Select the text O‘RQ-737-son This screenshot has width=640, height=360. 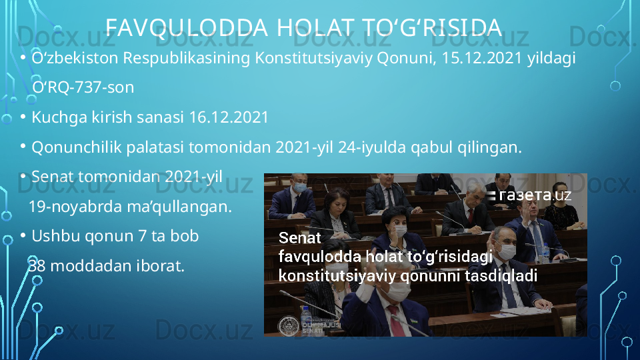pyautogui.click(x=83, y=87)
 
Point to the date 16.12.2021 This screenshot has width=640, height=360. pyautogui.click(x=229, y=117)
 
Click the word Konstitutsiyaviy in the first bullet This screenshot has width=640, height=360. pyautogui.click(x=313, y=59)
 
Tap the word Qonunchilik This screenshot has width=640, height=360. pyautogui.click(x=76, y=147)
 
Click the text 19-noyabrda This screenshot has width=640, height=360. pyautogui.click(x=75, y=207)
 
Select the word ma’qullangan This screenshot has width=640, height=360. pyautogui.click(x=179, y=207)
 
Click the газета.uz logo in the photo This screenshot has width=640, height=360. pyautogui.click(x=529, y=195)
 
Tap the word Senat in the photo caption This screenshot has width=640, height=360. pyautogui.click(x=299, y=238)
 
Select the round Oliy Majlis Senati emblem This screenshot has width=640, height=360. pyautogui.click(x=289, y=327)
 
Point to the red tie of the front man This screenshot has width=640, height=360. pyautogui.click(x=395, y=321)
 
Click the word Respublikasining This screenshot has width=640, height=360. pyautogui.click(x=187, y=59)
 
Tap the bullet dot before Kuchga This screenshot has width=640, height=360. pyautogui.click(x=23, y=117)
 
